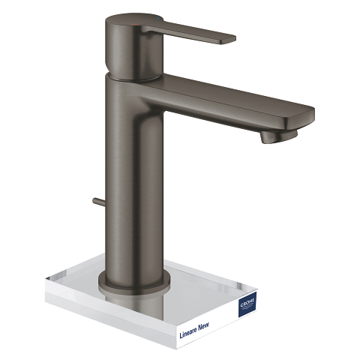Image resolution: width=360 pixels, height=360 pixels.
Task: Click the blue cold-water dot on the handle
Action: (x=157, y=19)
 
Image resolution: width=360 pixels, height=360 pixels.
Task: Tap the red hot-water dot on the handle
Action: (x=133, y=25)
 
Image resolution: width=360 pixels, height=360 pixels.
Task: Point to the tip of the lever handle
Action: (x=235, y=39)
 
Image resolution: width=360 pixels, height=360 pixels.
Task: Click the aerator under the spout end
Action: (x=279, y=136)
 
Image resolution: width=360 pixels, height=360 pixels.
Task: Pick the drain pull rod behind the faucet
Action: (x=100, y=202)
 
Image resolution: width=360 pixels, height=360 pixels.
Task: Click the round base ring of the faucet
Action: (x=133, y=285)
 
